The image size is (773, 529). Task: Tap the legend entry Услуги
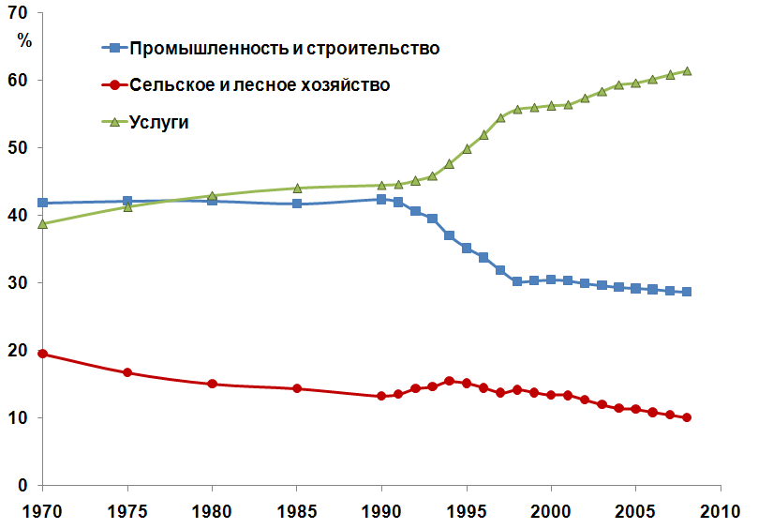(x=160, y=122)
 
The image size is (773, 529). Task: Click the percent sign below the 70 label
(x=24, y=40)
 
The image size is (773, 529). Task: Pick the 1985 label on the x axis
(x=297, y=512)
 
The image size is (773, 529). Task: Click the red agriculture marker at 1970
(x=43, y=354)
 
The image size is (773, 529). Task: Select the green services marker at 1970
(x=43, y=223)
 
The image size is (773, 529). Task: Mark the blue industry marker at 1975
(x=127, y=201)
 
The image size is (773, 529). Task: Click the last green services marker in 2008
(x=687, y=70)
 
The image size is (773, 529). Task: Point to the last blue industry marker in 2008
(x=687, y=292)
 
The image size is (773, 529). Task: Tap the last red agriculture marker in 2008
(x=687, y=417)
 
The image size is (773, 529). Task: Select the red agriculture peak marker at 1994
(x=450, y=381)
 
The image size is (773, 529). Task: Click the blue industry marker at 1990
(x=381, y=199)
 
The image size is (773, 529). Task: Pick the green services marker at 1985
(x=297, y=188)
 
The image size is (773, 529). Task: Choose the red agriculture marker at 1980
(x=212, y=384)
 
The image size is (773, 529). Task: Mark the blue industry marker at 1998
(x=517, y=281)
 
